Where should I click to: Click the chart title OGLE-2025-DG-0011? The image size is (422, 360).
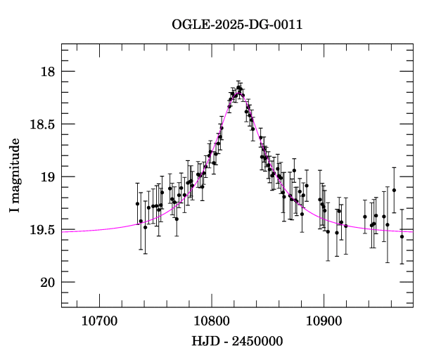tap(237, 25)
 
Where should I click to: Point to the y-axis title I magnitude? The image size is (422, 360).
tap(15, 176)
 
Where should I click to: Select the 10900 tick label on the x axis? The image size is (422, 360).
tap(324, 321)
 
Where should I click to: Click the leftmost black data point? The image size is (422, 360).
tap(138, 204)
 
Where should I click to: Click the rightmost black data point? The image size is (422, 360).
tap(402, 236)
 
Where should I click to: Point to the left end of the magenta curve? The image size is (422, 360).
tap(63, 231)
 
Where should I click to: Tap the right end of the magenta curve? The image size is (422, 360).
tap(412, 231)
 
